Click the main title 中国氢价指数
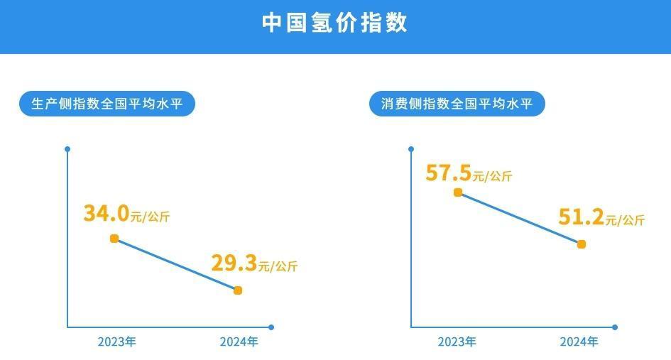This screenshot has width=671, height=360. click(x=335, y=23)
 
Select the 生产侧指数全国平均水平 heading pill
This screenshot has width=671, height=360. click(x=107, y=104)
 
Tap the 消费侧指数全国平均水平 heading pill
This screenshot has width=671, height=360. click(x=457, y=104)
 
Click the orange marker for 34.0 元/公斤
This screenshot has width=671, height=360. click(x=114, y=239)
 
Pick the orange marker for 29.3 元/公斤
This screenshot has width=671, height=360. click(x=238, y=290)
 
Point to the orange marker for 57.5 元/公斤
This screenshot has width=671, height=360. click(x=458, y=192)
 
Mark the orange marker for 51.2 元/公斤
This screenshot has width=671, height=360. click(x=582, y=244)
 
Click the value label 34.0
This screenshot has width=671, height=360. click(x=106, y=212)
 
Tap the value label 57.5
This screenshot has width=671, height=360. click(x=449, y=173)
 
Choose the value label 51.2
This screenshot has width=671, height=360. click(x=581, y=217)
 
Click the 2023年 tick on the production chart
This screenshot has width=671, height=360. click(x=116, y=342)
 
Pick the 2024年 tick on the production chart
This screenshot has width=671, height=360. click(x=239, y=342)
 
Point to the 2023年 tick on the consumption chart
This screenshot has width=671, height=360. click(x=457, y=342)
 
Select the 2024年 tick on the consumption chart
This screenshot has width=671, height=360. click(x=579, y=342)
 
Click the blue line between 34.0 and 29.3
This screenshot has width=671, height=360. click(x=176, y=264)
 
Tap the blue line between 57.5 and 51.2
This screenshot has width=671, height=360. click(x=520, y=219)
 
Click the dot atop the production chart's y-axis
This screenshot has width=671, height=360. click(x=67, y=149)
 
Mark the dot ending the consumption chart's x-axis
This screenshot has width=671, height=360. click(x=615, y=327)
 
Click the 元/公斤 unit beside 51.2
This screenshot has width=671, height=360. click(x=625, y=221)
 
